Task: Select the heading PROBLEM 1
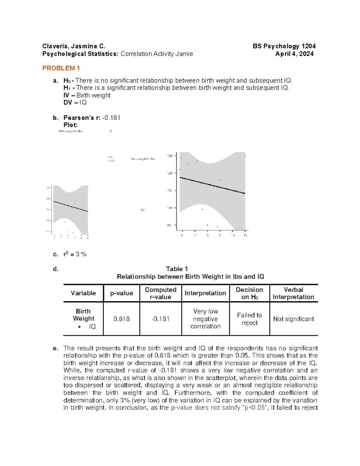61,68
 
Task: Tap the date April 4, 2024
295,54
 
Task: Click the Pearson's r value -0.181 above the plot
111,118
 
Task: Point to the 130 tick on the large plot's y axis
169,156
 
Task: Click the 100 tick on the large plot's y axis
169,208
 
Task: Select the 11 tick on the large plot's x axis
245,235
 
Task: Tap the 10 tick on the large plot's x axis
232,235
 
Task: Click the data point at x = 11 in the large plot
245,156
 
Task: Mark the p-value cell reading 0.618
121,319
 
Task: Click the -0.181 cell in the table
160,319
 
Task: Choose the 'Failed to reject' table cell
250,319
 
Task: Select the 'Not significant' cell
293,319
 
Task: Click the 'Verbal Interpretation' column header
293,293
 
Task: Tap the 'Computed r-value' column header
160,293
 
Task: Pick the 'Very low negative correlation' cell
205,319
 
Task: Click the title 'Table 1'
177,269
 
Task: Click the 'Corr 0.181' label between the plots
111,159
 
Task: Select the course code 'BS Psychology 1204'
284,46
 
